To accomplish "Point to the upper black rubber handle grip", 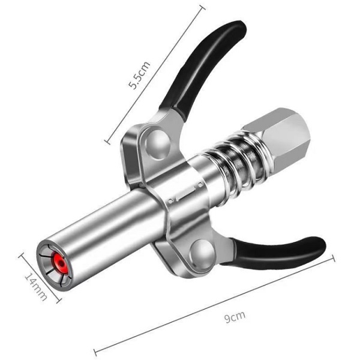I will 210,66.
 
